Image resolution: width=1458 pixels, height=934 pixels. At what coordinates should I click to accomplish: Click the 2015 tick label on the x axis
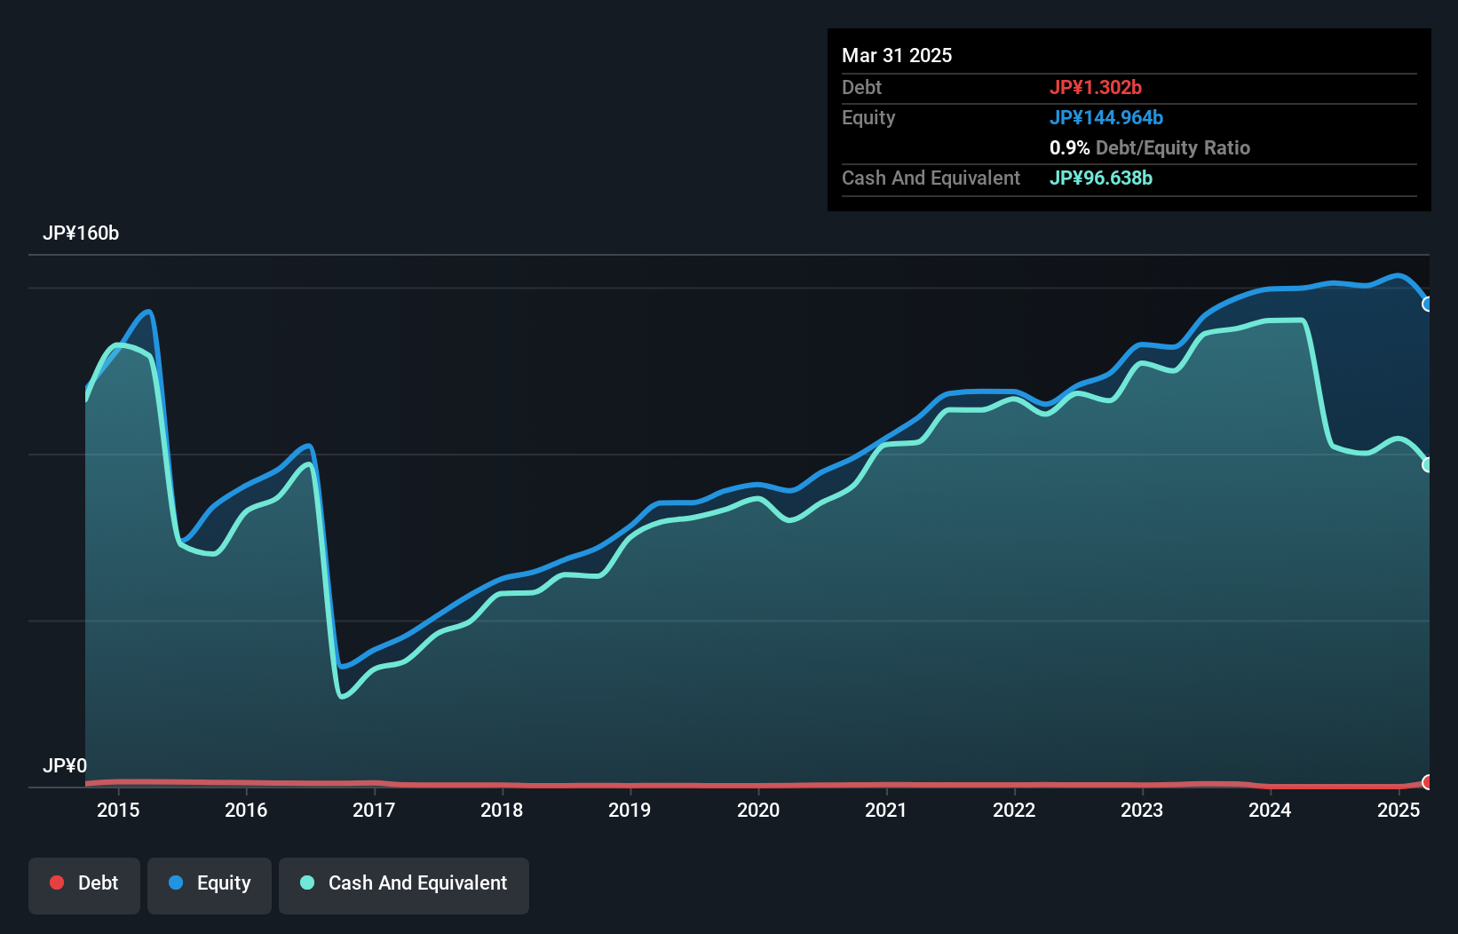pyautogui.click(x=118, y=810)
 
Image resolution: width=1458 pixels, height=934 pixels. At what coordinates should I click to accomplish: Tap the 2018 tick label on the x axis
pyautogui.click(x=502, y=810)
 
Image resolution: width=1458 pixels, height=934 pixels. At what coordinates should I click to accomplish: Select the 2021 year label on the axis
pyautogui.click(x=886, y=810)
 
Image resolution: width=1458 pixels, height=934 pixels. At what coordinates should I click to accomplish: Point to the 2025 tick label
pyautogui.click(x=1399, y=810)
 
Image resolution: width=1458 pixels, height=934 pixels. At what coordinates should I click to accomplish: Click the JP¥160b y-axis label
pyautogui.click(x=81, y=233)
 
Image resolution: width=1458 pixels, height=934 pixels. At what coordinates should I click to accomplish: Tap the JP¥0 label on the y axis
pyautogui.click(x=65, y=765)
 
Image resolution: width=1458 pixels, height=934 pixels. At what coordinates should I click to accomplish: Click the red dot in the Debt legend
pyautogui.click(x=57, y=883)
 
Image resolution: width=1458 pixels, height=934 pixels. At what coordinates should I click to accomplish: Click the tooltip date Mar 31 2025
pyautogui.click(x=897, y=55)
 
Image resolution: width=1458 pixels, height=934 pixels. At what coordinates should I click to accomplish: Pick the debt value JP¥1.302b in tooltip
pyautogui.click(x=1096, y=87)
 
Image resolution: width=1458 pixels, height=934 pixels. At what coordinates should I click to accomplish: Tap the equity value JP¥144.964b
pyautogui.click(x=1106, y=117)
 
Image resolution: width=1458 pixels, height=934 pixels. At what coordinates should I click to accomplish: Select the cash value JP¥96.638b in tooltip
pyautogui.click(x=1101, y=178)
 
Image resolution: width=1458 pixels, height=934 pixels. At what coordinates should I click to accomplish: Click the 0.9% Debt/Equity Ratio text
pyautogui.click(x=1150, y=147)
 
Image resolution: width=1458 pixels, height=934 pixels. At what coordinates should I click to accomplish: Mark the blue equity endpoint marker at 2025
pyautogui.click(x=1428, y=305)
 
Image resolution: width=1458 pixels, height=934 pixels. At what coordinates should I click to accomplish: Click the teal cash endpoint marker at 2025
pyautogui.click(x=1428, y=464)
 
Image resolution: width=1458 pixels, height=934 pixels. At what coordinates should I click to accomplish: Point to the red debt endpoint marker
pyautogui.click(x=1428, y=782)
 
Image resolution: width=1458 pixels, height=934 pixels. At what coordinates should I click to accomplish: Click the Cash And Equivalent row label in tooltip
pyautogui.click(x=931, y=178)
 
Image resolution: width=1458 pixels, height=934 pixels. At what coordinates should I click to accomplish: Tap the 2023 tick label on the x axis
pyautogui.click(x=1142, y=810)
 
